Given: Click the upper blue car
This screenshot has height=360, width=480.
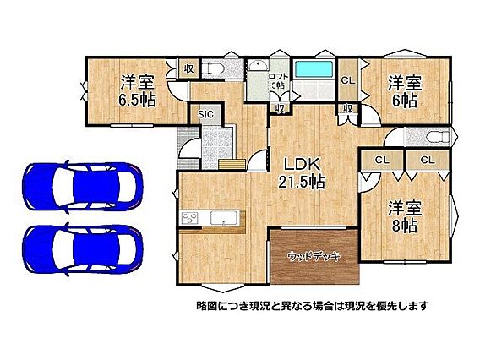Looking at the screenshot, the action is point(83,187).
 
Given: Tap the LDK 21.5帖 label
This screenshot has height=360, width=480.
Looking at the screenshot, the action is point(302,173).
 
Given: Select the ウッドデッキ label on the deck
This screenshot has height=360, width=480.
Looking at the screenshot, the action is point(314,257).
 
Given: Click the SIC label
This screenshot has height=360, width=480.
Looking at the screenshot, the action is point(205,114).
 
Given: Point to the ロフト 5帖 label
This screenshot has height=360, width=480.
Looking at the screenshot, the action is point(278,81).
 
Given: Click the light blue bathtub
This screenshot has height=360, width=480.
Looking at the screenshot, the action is point(314,69).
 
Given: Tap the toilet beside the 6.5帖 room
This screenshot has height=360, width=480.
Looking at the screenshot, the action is point(212,68).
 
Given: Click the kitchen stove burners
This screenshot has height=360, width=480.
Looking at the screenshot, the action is point(190,218).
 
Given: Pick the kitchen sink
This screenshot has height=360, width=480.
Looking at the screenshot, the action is point(225,218).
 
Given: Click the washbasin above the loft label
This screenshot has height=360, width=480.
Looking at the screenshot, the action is point(258,65).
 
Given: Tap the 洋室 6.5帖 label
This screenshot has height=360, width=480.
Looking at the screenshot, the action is point(137,90).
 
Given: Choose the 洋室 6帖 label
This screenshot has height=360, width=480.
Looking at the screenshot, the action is point(405,91).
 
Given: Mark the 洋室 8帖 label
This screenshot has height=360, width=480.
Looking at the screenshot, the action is point(405,216).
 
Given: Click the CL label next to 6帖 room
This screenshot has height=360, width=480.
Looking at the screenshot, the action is point(348,80).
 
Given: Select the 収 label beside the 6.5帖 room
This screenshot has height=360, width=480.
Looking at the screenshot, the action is point(189,68).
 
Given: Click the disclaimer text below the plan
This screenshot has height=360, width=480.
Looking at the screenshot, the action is point(312,305).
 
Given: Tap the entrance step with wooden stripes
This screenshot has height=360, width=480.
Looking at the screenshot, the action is point(232,164).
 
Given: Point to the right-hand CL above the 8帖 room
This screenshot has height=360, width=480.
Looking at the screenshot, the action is point(428,160).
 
